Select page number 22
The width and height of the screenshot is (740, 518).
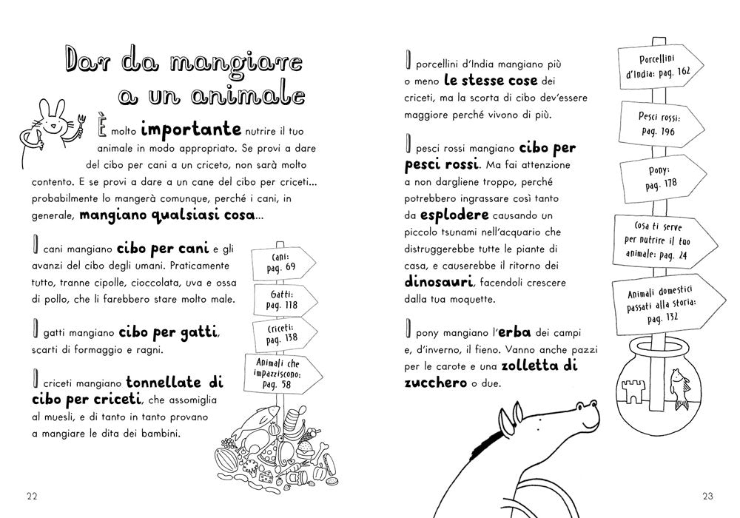coord(32,495)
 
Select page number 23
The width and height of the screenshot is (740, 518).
coord(707,495)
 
